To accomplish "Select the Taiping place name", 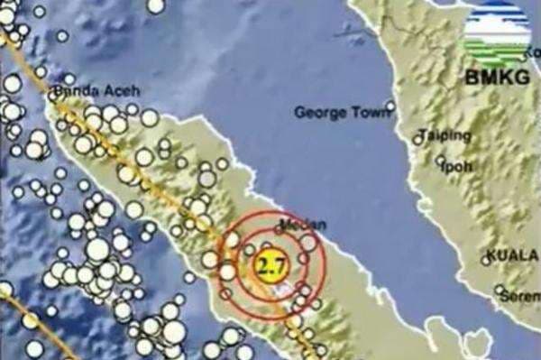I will coord(446,136).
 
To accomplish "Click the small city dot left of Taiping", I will coord(418,138).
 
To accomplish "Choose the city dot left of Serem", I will coord(500,291).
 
